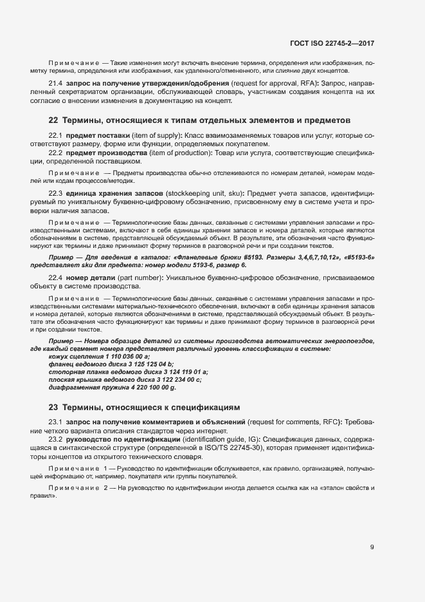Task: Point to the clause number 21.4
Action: pyautogui.click(x=56, y=84)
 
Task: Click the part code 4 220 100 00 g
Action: pyautogui.click(x=145, y=388)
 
